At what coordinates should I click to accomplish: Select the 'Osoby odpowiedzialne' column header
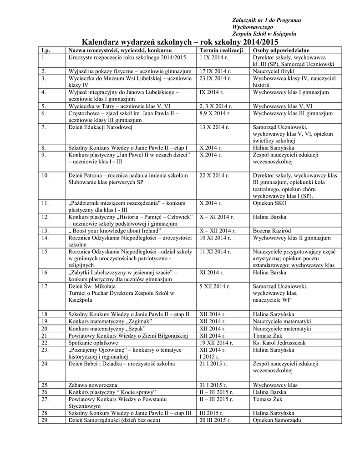click(x=281, y=50)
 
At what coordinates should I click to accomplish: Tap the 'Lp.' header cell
click(x=45, y=50)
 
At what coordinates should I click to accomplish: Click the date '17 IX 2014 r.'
click(x=216, y=71)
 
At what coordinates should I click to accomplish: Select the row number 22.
click(x=45, y=343)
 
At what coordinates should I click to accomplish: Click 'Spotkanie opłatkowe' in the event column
click(x=93, y=343)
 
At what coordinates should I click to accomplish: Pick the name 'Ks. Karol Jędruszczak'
click(x=282, y=343)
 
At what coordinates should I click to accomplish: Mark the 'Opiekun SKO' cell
click(x=269, y=203)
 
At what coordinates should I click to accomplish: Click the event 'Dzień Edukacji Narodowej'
click(x=100, y=127)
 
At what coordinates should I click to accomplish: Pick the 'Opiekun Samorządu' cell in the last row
click(x=277, y=420)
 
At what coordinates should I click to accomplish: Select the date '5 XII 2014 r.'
click(x=215, y=287)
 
